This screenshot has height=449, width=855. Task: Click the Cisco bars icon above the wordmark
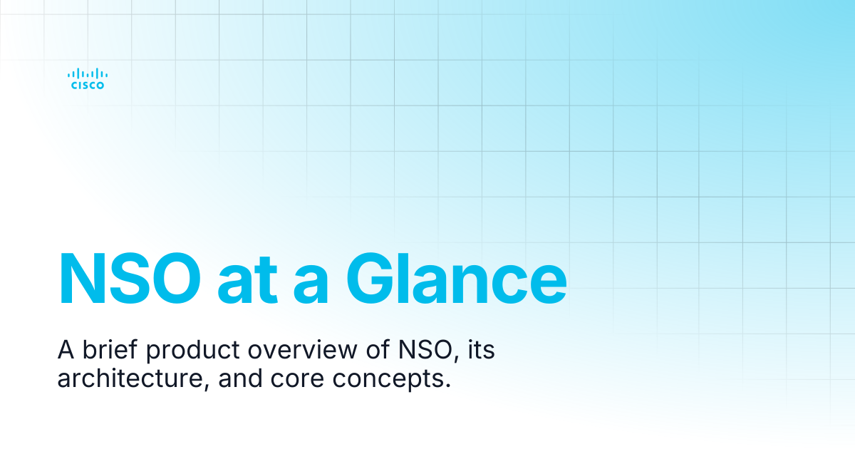point(88,73)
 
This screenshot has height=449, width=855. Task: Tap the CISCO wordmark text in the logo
point(88,86)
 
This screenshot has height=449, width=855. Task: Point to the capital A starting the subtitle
point(65,350)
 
